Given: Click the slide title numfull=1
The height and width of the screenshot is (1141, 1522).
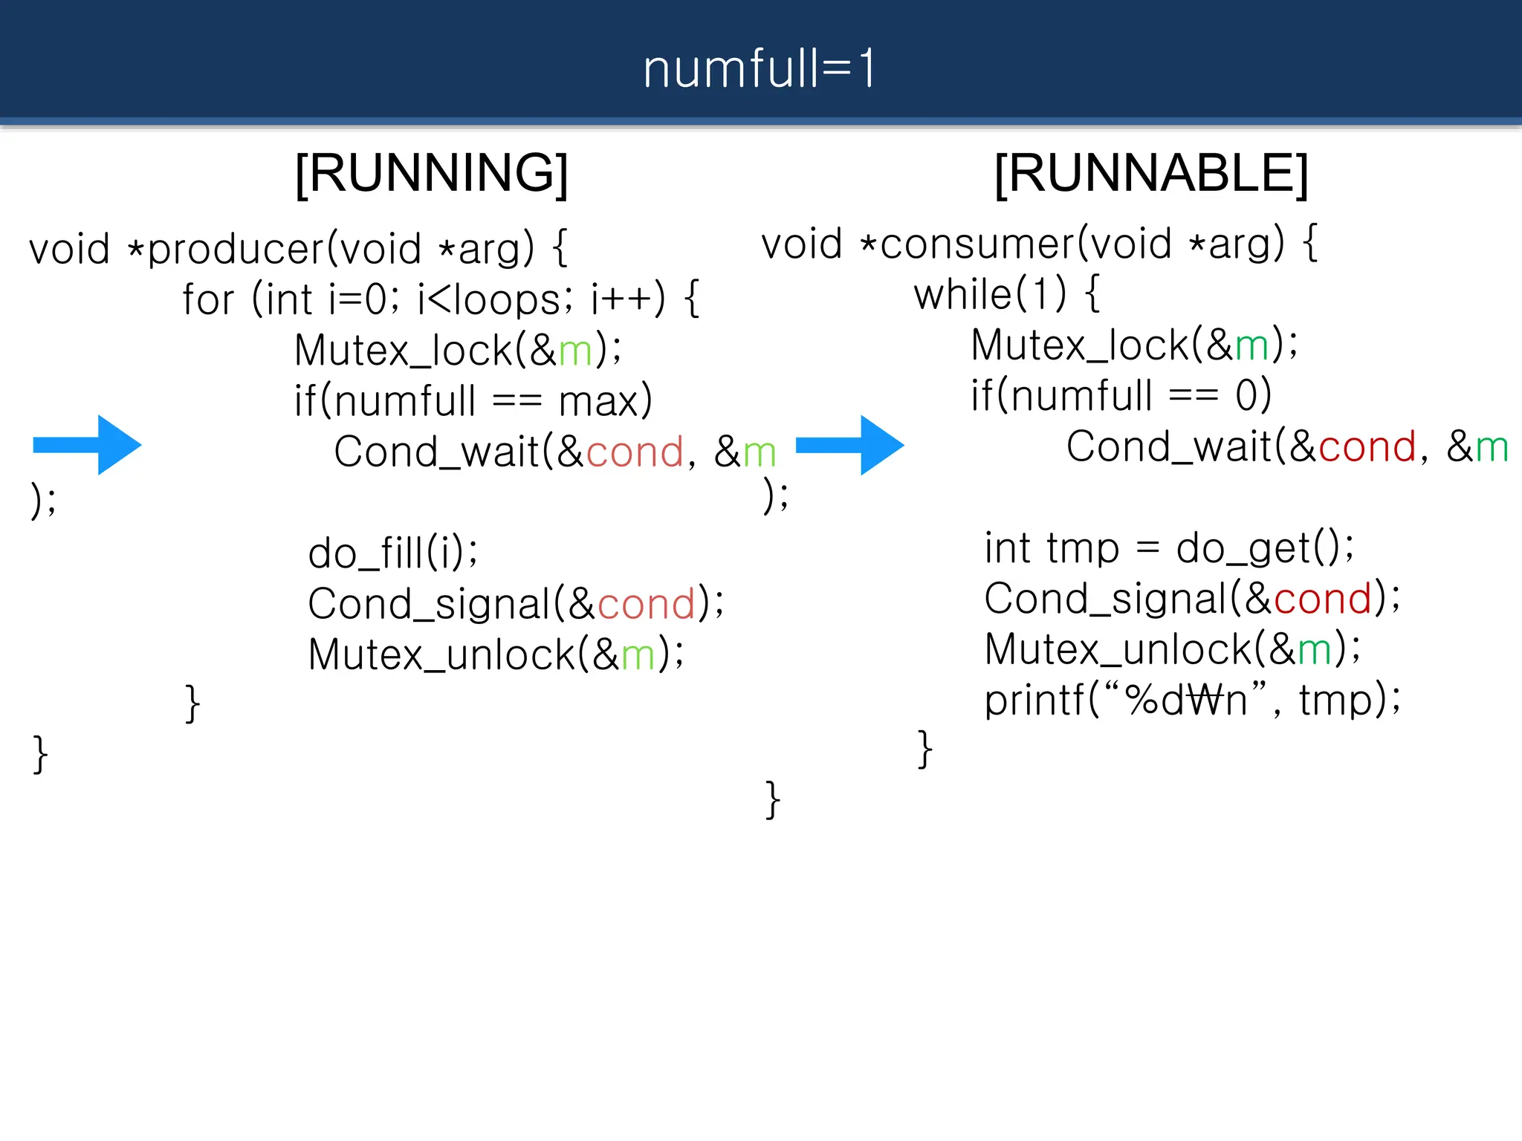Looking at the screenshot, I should click(760, 68).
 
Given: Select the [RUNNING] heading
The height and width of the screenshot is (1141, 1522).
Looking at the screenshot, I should click(432, 173).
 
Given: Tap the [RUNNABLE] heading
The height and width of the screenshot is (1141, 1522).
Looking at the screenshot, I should click(1151, 173).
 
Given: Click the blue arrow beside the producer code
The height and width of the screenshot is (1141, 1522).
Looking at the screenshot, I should click(88, 445).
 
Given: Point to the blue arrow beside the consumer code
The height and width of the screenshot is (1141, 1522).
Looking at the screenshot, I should click(850, 445).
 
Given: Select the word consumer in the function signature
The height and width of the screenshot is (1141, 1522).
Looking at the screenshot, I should click(977, 244).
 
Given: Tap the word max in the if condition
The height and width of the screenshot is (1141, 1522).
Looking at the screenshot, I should click(598, 402).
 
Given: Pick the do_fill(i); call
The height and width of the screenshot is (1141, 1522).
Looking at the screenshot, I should click(393, 553).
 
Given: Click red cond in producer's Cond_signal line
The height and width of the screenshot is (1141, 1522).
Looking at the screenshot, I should click(646, 604).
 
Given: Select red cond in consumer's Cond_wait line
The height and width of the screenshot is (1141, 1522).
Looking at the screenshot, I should click(1367, 447).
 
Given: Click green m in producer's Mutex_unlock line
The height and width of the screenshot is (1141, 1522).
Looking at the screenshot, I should click(638, 655).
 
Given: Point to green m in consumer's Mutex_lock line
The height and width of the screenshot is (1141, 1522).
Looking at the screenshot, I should click(1251, 346).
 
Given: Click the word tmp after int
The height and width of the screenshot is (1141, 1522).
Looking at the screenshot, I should click(1083, 549).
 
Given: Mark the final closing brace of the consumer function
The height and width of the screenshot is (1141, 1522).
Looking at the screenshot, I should click(773, 799).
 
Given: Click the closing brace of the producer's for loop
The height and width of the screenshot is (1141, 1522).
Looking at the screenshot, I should click(192, 703).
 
